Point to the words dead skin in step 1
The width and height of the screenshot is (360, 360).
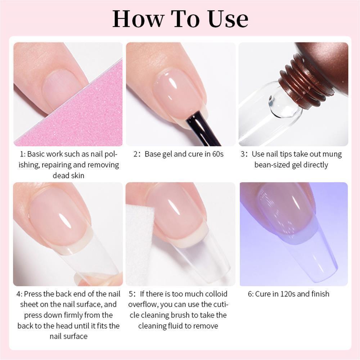click(68, 176)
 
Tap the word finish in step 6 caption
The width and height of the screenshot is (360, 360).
click(318, 294)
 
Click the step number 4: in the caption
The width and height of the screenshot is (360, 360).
click(19, 294)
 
